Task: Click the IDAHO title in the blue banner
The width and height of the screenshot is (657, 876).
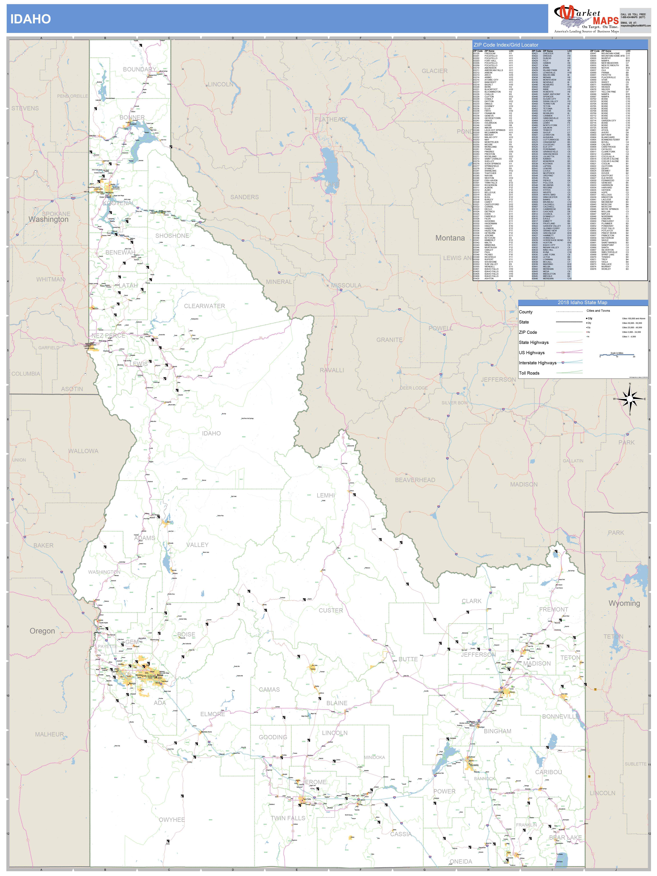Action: coord(31,19)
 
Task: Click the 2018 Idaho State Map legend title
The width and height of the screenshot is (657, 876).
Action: coord(582,303)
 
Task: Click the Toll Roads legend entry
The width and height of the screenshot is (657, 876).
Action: coord(529,373)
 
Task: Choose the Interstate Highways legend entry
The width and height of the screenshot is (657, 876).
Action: coord(537,363)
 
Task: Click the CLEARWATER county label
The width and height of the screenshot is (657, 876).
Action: coord(204,306)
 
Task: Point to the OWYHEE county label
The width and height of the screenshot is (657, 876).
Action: coord(172,820)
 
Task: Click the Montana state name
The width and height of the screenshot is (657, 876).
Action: coord(450,238)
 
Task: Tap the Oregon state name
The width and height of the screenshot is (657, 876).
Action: coord(42,631)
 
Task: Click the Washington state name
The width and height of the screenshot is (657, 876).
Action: coord(48,219)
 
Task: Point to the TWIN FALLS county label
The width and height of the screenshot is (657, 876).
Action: coord(288,818)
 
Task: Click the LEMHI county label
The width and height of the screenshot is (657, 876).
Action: coord(326,495)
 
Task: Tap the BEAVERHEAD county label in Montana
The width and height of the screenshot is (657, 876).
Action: coord(415,480)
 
